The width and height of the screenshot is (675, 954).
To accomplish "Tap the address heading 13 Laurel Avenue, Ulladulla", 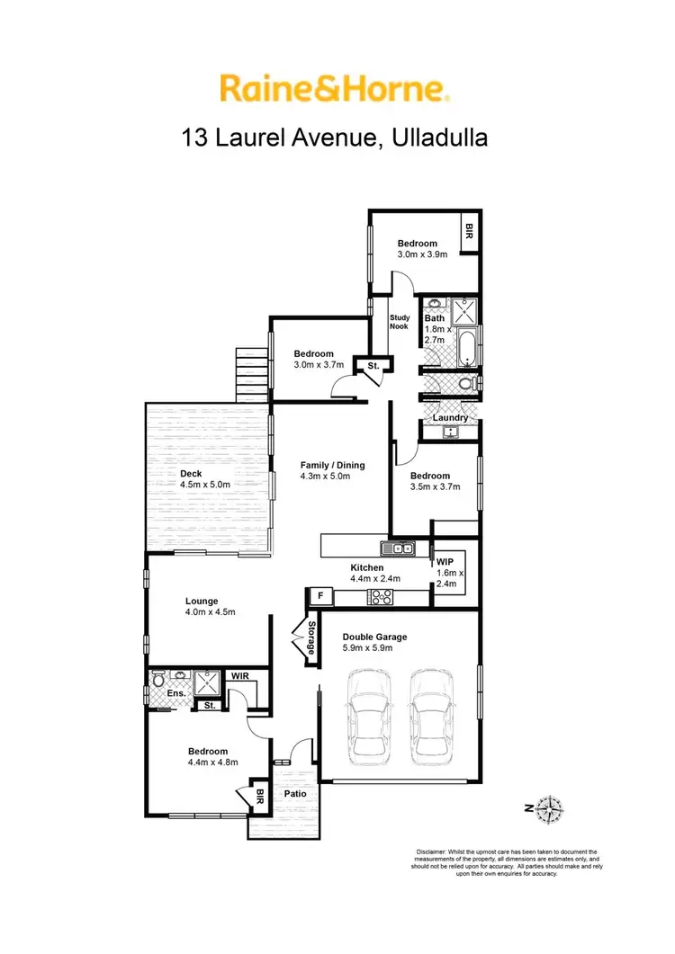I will coord(334,138).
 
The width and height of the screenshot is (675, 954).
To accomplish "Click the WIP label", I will coord(446,560).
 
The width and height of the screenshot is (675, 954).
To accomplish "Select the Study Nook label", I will coord(399,322).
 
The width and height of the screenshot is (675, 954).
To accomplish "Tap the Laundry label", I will coord(450,418).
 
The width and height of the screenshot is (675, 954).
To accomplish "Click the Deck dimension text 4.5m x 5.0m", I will coord(206,485).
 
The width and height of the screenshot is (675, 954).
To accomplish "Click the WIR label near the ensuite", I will coord(239,674).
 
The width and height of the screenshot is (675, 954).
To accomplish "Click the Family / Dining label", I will coord(333,465).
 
